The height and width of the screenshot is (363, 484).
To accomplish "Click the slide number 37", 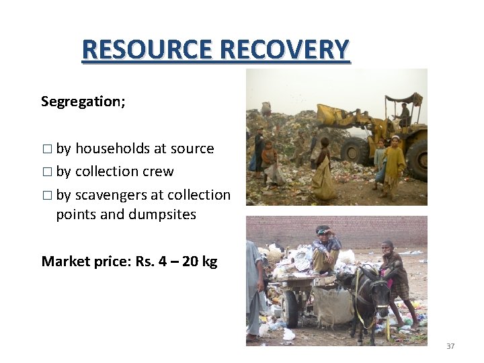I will (x=450, y=346).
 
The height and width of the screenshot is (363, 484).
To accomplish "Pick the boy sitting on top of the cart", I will (x=327, y=247).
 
